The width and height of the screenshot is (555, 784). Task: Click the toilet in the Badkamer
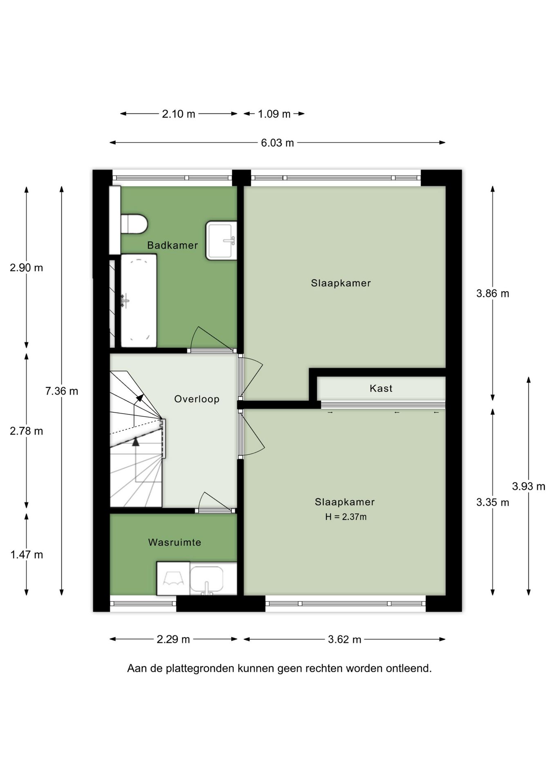click(134, 224)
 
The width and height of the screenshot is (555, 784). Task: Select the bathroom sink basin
click(221, 241)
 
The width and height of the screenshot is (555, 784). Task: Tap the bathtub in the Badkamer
click(139, 301)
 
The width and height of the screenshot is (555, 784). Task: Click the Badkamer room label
click(172, 245)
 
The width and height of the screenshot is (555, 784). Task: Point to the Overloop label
click(197, 399)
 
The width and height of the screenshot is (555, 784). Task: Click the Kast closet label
click(381, 388)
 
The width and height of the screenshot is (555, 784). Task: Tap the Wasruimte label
click(175, 542)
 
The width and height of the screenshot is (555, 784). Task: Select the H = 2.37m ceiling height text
click(346, 517)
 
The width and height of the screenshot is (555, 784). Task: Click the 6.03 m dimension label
click(277, 143)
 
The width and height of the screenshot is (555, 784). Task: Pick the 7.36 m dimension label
click(62, 391)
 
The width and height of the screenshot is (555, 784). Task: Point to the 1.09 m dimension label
click(274, 114)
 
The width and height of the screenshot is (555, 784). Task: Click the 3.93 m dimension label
click(529, 486)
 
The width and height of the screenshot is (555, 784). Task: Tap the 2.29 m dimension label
click(173, 639)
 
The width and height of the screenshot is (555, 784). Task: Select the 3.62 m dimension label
click(345, 639)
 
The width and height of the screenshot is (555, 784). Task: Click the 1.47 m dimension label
click(27, 555)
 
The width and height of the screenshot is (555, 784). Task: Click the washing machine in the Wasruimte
click(173, 578)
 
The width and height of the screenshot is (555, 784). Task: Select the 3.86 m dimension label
click(493, 294)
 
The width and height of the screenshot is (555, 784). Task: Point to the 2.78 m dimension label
click(27, 431)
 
